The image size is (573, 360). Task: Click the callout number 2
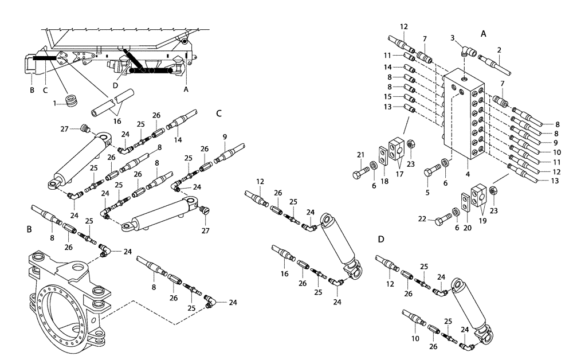pyautogui.click(x=499, y=50)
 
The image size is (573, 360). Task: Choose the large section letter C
pyautogui.click(x=219, y=114)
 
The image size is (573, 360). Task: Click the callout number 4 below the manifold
pyautogui.click(x=468, y=174)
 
